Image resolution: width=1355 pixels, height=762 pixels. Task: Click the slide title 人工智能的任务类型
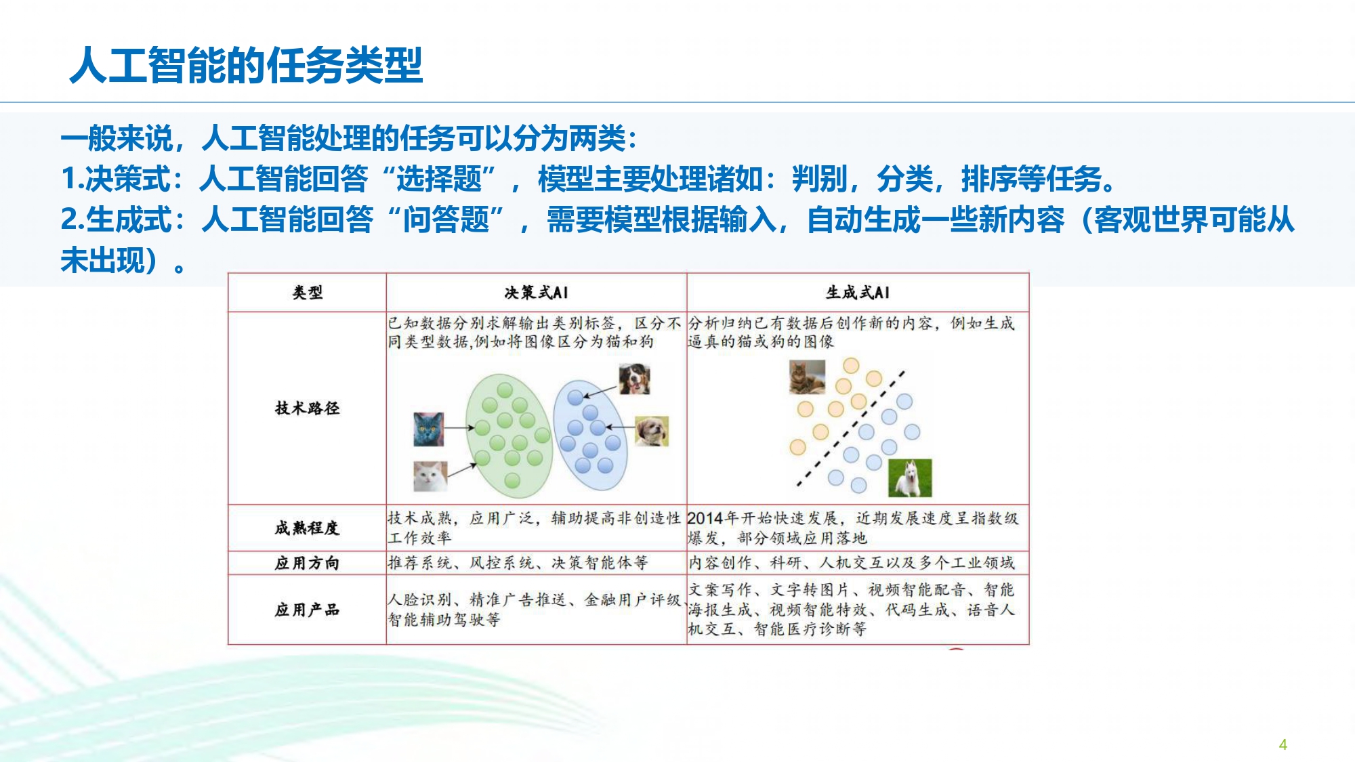247,66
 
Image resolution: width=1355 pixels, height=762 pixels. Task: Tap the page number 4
1283,744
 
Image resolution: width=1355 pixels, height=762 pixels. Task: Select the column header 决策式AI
536,293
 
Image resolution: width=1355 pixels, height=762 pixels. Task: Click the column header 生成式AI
858,293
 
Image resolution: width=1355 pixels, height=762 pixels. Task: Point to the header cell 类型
307,293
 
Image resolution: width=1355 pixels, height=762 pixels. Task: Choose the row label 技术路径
307,408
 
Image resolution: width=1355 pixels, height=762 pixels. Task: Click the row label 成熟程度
307,528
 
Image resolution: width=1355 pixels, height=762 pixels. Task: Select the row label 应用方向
307,563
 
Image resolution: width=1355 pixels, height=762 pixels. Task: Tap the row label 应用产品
307,610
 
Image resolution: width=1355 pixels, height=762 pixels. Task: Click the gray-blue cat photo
429,429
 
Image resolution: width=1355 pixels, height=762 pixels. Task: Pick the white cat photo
430,476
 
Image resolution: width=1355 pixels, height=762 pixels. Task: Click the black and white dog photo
634,379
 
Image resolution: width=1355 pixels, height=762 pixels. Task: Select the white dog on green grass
910,478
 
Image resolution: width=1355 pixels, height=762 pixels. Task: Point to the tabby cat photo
808,377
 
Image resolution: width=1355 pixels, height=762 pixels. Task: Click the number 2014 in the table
705,519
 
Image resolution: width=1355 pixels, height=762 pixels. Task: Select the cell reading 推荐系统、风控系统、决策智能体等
518,563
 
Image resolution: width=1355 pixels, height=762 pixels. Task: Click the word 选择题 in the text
439,179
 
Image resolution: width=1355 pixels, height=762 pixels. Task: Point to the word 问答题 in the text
446,220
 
